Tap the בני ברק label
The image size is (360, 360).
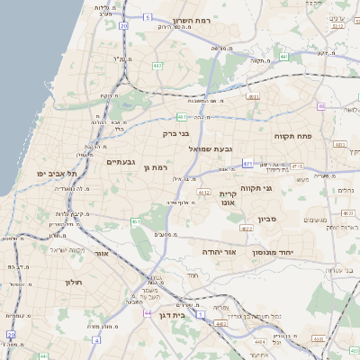pos(176,133)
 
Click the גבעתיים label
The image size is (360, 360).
pos(121,162)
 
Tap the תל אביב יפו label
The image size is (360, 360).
pos(56,172)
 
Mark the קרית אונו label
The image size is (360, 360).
pos(228,198)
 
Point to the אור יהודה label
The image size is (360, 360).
pos(219,252)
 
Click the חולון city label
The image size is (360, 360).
pos(73,282)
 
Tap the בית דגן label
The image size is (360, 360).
pos(184,315)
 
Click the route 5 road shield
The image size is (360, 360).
pos(147,16)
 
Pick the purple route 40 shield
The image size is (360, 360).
pos(321,106)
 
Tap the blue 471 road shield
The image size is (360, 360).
pos(247,164)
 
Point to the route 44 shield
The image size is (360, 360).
pos(147,314)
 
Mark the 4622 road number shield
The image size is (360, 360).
pos(246,229)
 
